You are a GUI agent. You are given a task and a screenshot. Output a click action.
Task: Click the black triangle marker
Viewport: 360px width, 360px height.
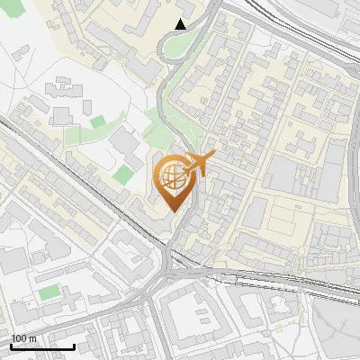181,24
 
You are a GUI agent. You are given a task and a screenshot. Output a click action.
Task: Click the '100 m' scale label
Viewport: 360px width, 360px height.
24,338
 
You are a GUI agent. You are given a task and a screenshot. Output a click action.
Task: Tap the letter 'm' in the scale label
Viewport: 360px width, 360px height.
31,338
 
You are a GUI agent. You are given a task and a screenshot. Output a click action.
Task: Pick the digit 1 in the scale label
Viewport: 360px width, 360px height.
14,338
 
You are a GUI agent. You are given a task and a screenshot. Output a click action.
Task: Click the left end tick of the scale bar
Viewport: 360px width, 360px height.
11,346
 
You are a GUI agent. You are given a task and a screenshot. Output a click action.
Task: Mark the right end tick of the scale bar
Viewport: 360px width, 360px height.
74,346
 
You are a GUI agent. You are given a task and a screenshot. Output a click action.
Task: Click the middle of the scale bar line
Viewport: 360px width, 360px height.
42,346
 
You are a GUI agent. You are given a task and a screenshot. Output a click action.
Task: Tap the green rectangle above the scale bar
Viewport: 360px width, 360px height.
50,293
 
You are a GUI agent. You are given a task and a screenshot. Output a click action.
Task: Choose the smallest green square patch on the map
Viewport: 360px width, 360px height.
97,121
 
